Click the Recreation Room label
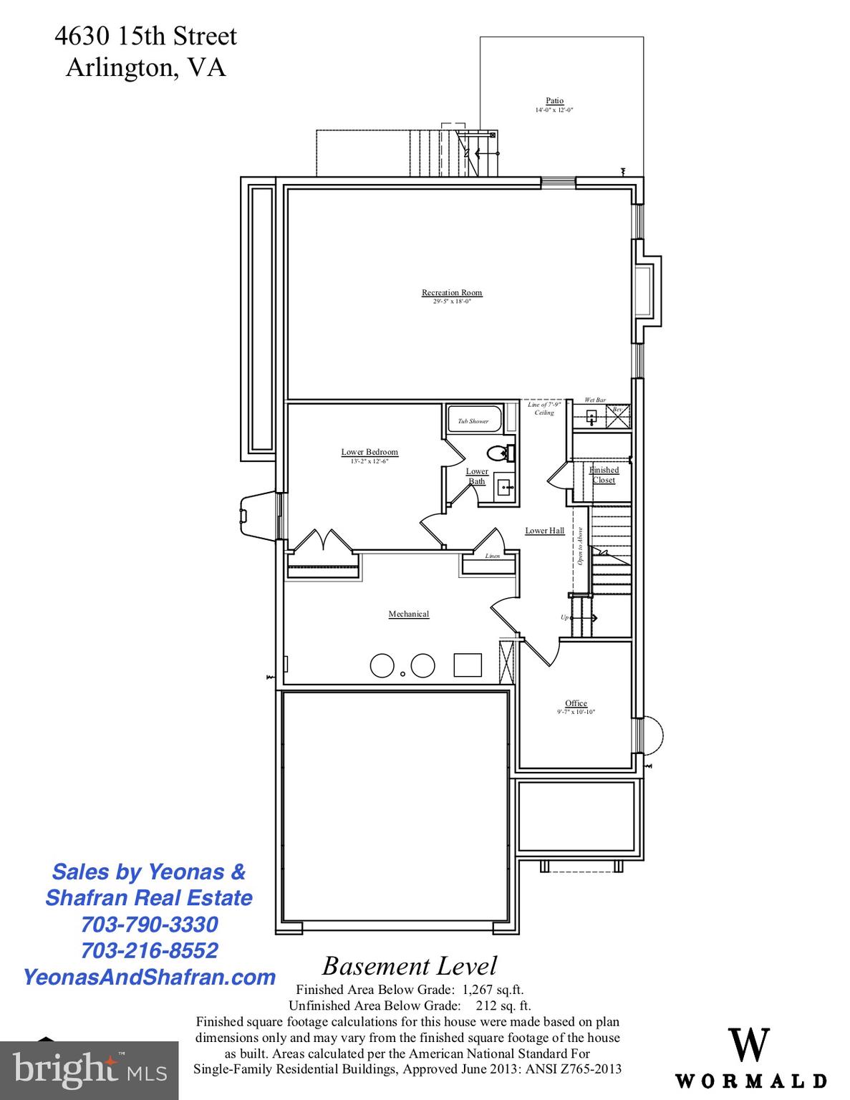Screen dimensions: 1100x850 point(451,292)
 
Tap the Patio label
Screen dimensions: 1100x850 point(554,101)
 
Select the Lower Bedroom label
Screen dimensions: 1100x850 point(370,452)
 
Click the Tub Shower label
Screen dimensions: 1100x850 point(473,421)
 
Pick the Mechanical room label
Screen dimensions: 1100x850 point(409,614)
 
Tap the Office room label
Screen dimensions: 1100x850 point(576,703)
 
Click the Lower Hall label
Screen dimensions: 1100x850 point(544,531)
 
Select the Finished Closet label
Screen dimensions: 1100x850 point(604,475)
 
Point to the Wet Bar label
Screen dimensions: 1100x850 point(595,400)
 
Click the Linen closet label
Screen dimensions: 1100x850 point(493,556)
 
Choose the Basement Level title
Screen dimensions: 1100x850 point(409,966)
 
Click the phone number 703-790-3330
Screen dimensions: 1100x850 point(149,924)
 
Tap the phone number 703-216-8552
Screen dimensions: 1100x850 point(149,950)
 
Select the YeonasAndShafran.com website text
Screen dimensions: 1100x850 point(149,977)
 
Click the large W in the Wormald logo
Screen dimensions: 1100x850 point(749,1046)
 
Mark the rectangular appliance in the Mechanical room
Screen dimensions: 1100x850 point(468,665)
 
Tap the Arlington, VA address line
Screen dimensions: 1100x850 point(145,67)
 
